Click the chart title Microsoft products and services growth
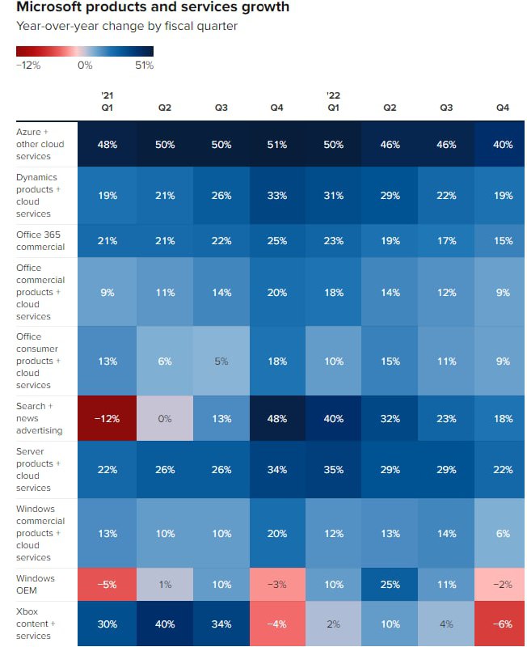click(x=153, y=7)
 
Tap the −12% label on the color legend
click(x=28, y=66)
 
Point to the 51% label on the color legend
click(x=144, y=66)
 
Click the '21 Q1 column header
click(x=106, y=99)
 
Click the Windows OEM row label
click(x=36, y=584)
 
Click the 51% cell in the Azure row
click(x=276, y=145)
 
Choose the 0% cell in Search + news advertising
click(x=165, y=418)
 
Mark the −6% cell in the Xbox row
click(x=502, y=624)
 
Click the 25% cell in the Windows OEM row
click(x=389, y=583)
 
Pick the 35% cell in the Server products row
click(x=333, y=469)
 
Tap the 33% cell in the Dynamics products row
click(x=276, y=196)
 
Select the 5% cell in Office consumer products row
click(x=221, y=362)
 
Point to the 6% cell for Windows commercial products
click(x=502, y=533)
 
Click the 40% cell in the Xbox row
click(x=165, y=624)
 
